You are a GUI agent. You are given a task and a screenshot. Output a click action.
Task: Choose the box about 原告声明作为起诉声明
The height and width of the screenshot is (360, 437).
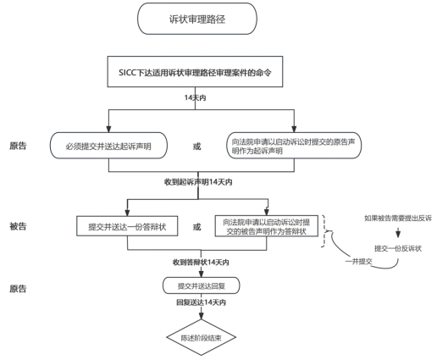pos(293,145)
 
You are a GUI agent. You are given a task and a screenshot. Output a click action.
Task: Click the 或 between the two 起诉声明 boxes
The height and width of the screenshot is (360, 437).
pos(197,146)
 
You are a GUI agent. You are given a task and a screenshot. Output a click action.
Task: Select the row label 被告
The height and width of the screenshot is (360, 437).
pos(18,226)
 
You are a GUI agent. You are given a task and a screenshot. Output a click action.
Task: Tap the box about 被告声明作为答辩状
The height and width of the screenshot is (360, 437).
pos(268,226)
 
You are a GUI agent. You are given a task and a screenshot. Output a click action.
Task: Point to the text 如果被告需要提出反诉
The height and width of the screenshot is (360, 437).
pos(397,219)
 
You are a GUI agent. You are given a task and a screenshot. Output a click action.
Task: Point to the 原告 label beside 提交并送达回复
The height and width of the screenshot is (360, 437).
pos(18,289)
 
